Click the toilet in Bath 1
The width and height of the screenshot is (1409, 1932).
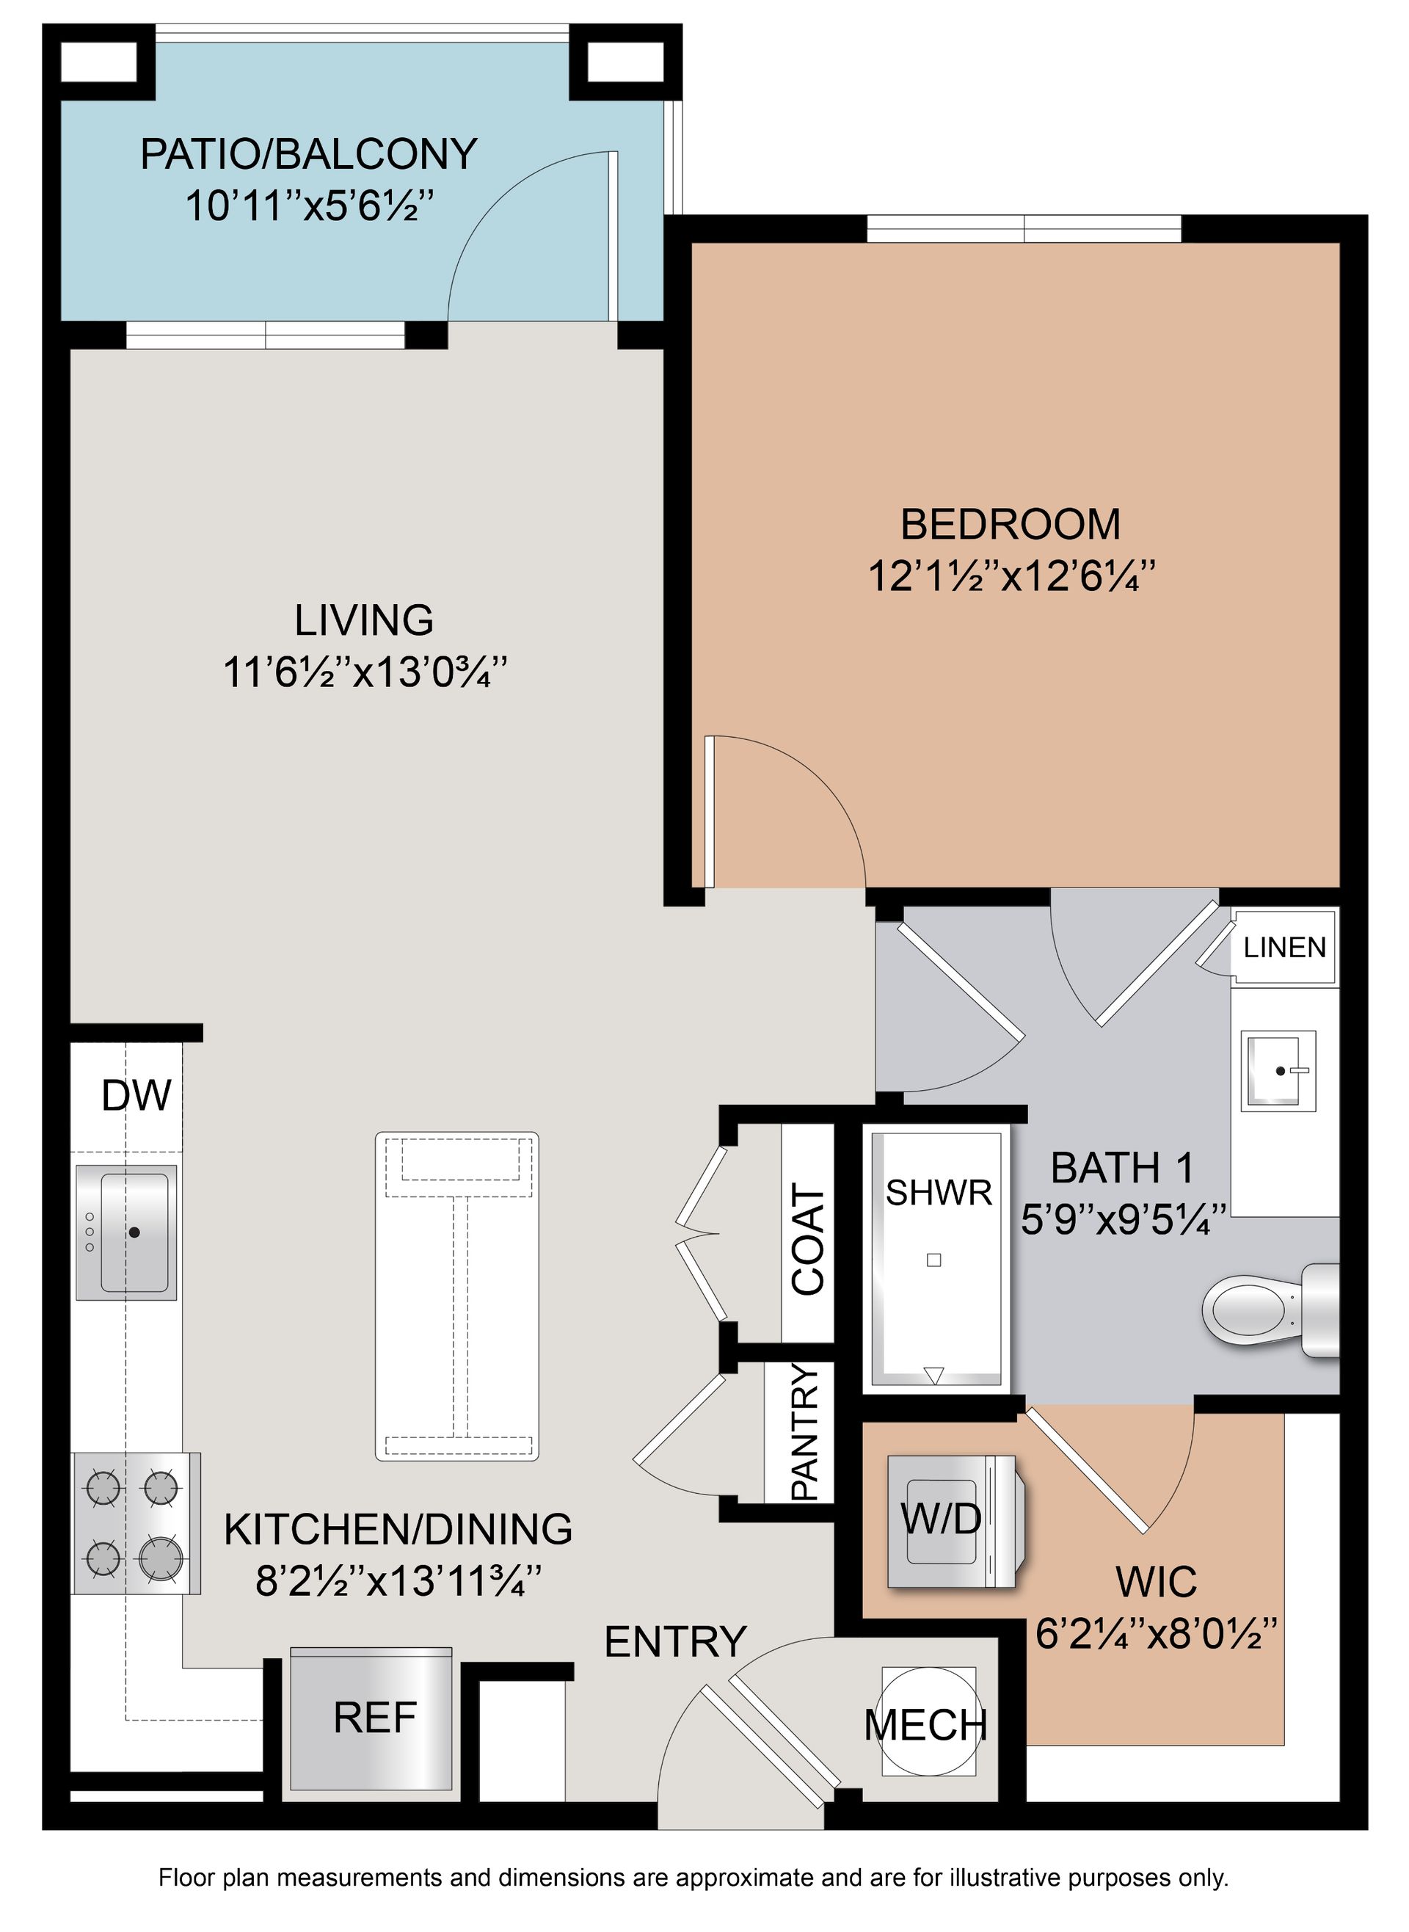pyautogui.click(x=1271, y=1310)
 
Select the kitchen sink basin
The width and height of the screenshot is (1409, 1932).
pyautogui.click(x=134, y=1232)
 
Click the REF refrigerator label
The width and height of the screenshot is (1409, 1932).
pyautogui.click(x=374, y=1717)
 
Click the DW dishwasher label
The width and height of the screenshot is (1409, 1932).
pyautogui.click(x=136, y=1095)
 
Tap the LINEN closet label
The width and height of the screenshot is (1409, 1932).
pyautogui.click(x=1284, y=947)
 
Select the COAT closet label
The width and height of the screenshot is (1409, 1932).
pyautogui.click(x=809, y=1239)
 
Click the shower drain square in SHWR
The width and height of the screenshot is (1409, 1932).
pyautogui.click(x=934, y=1260)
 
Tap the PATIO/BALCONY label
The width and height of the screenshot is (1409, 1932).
pyautogui.click(x=309, y=154)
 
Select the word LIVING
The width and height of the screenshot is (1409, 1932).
pyautogui.click(x=364, y=620)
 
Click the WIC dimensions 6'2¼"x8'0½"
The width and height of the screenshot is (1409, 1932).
pyautogui.click(x=1157, y=1633)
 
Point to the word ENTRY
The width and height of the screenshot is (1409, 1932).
pyautogui.click(x=675, y=1641)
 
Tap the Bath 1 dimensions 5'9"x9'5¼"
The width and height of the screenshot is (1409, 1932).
pyautogui.click(x=1124, y=1221)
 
